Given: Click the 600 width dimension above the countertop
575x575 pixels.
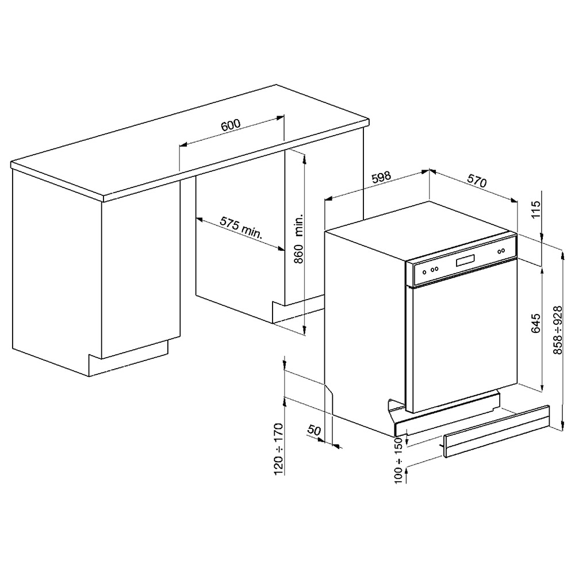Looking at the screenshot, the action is [x=231, y=125].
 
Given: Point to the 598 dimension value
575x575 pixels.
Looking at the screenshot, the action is [x=381, y=178].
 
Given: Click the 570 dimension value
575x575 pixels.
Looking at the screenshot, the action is [x=477, y=181].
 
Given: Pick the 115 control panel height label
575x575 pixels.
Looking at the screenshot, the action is [x=536, y=209].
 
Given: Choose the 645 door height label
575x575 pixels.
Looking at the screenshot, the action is [x=536, y=323].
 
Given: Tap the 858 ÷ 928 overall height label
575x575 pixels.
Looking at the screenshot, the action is [x=557, y=331].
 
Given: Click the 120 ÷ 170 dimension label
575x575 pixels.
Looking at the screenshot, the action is [x=279, y=449].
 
